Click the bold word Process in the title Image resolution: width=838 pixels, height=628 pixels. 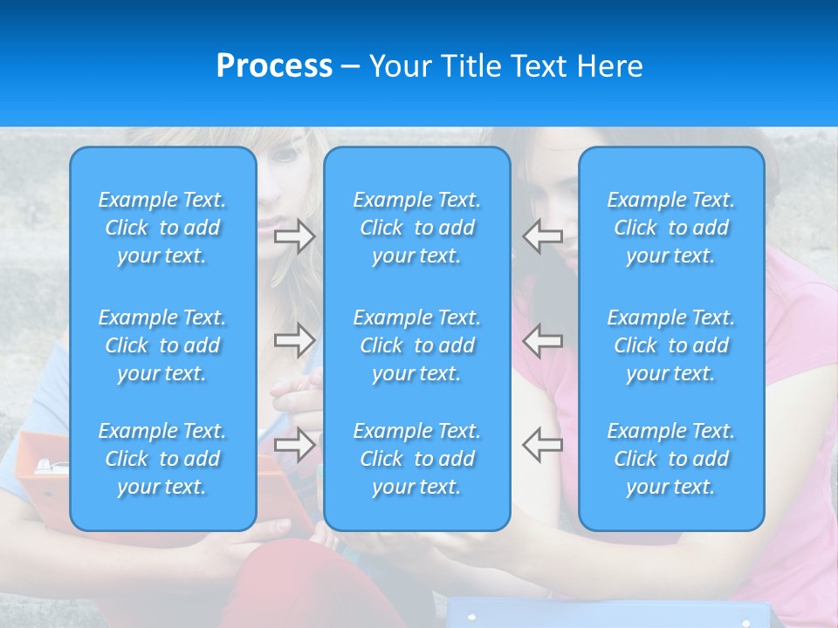(x=274, y=66)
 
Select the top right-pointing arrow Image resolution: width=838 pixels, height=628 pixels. (x=294, y=236)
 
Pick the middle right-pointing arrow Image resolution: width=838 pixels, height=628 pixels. (x=294, y=340)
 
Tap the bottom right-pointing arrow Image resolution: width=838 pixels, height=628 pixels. (x=294, y=445)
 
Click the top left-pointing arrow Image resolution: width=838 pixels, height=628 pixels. (x=542, y=236)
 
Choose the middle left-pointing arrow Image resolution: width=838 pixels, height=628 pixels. (x=542, y=340)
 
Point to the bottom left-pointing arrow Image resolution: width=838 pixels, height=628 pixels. (x=542, y=445)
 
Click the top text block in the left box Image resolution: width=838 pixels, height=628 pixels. (x=162, y=228)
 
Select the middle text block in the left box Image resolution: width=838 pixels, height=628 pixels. (x=162, y=345)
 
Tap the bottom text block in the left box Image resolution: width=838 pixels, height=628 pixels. (x=162, y=459)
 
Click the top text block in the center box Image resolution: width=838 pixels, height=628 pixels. (x=417, y=228)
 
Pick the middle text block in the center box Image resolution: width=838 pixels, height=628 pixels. (x=417, y=345)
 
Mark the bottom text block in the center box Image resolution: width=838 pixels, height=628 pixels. (x=417, y=459)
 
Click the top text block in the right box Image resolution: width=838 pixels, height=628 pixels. (x=671, y=228)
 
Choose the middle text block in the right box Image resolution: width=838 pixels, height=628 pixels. (x=671, y=345)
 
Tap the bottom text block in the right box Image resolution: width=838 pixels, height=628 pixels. (x=671, y=459)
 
